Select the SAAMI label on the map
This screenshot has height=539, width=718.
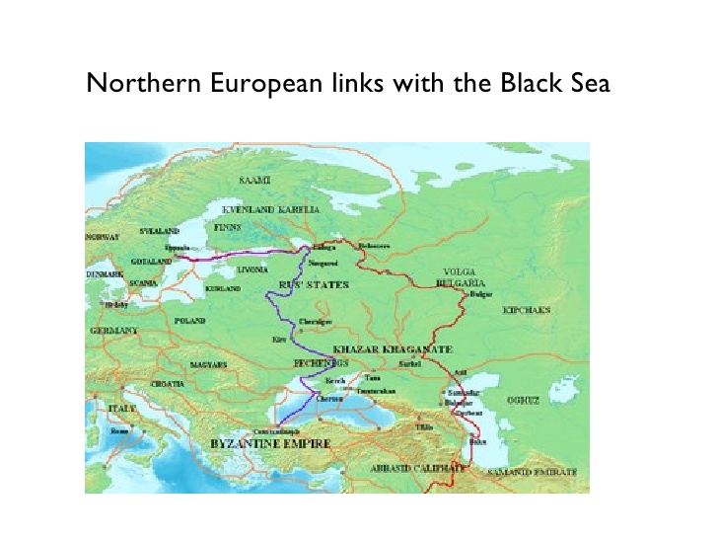click(254, 182)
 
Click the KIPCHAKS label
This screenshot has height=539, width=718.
click(527, 310)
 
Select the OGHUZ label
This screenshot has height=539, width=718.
click(523, 401)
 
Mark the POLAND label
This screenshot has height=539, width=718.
click(188, 321)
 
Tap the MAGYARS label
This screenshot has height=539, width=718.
click(208, 364)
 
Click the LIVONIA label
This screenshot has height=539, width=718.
click(253, 268)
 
